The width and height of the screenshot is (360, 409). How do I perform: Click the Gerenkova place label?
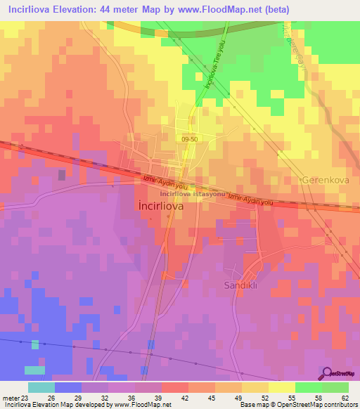tap(324, 180)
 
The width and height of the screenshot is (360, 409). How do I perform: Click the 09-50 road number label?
tap(188, 140)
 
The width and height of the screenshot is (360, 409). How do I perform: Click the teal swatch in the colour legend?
tap(41, 387)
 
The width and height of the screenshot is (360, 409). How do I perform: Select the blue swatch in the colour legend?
tap(67, 387)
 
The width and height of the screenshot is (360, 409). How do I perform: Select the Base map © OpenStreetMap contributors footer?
tap(298, 405)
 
